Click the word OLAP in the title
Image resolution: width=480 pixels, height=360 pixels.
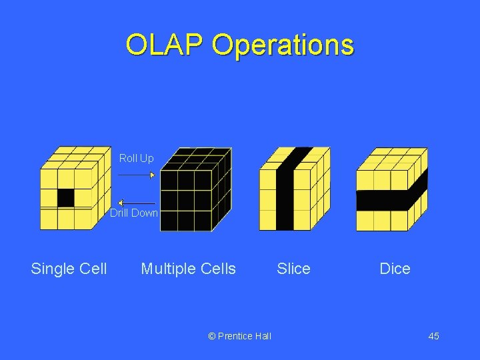(165, 45)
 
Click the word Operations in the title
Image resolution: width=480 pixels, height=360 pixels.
(283, 45)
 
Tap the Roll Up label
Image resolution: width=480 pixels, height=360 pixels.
(136, 158)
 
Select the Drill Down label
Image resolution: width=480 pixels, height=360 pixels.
(134, 213)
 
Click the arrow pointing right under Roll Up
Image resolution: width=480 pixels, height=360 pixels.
(136, 175)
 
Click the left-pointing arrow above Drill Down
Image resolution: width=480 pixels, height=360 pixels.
(137, 203)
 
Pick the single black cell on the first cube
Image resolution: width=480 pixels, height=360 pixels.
(65, 198)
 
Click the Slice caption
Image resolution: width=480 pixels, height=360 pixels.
(293, 269)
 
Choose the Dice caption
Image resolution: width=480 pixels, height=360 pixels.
(395, 269)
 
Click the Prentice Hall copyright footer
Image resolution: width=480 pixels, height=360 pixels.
(240, 336)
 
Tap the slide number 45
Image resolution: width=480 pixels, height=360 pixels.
(433, 336)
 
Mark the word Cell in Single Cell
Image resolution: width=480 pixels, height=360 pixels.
(92, 269)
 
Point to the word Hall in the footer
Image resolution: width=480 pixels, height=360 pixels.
(263, 336)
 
